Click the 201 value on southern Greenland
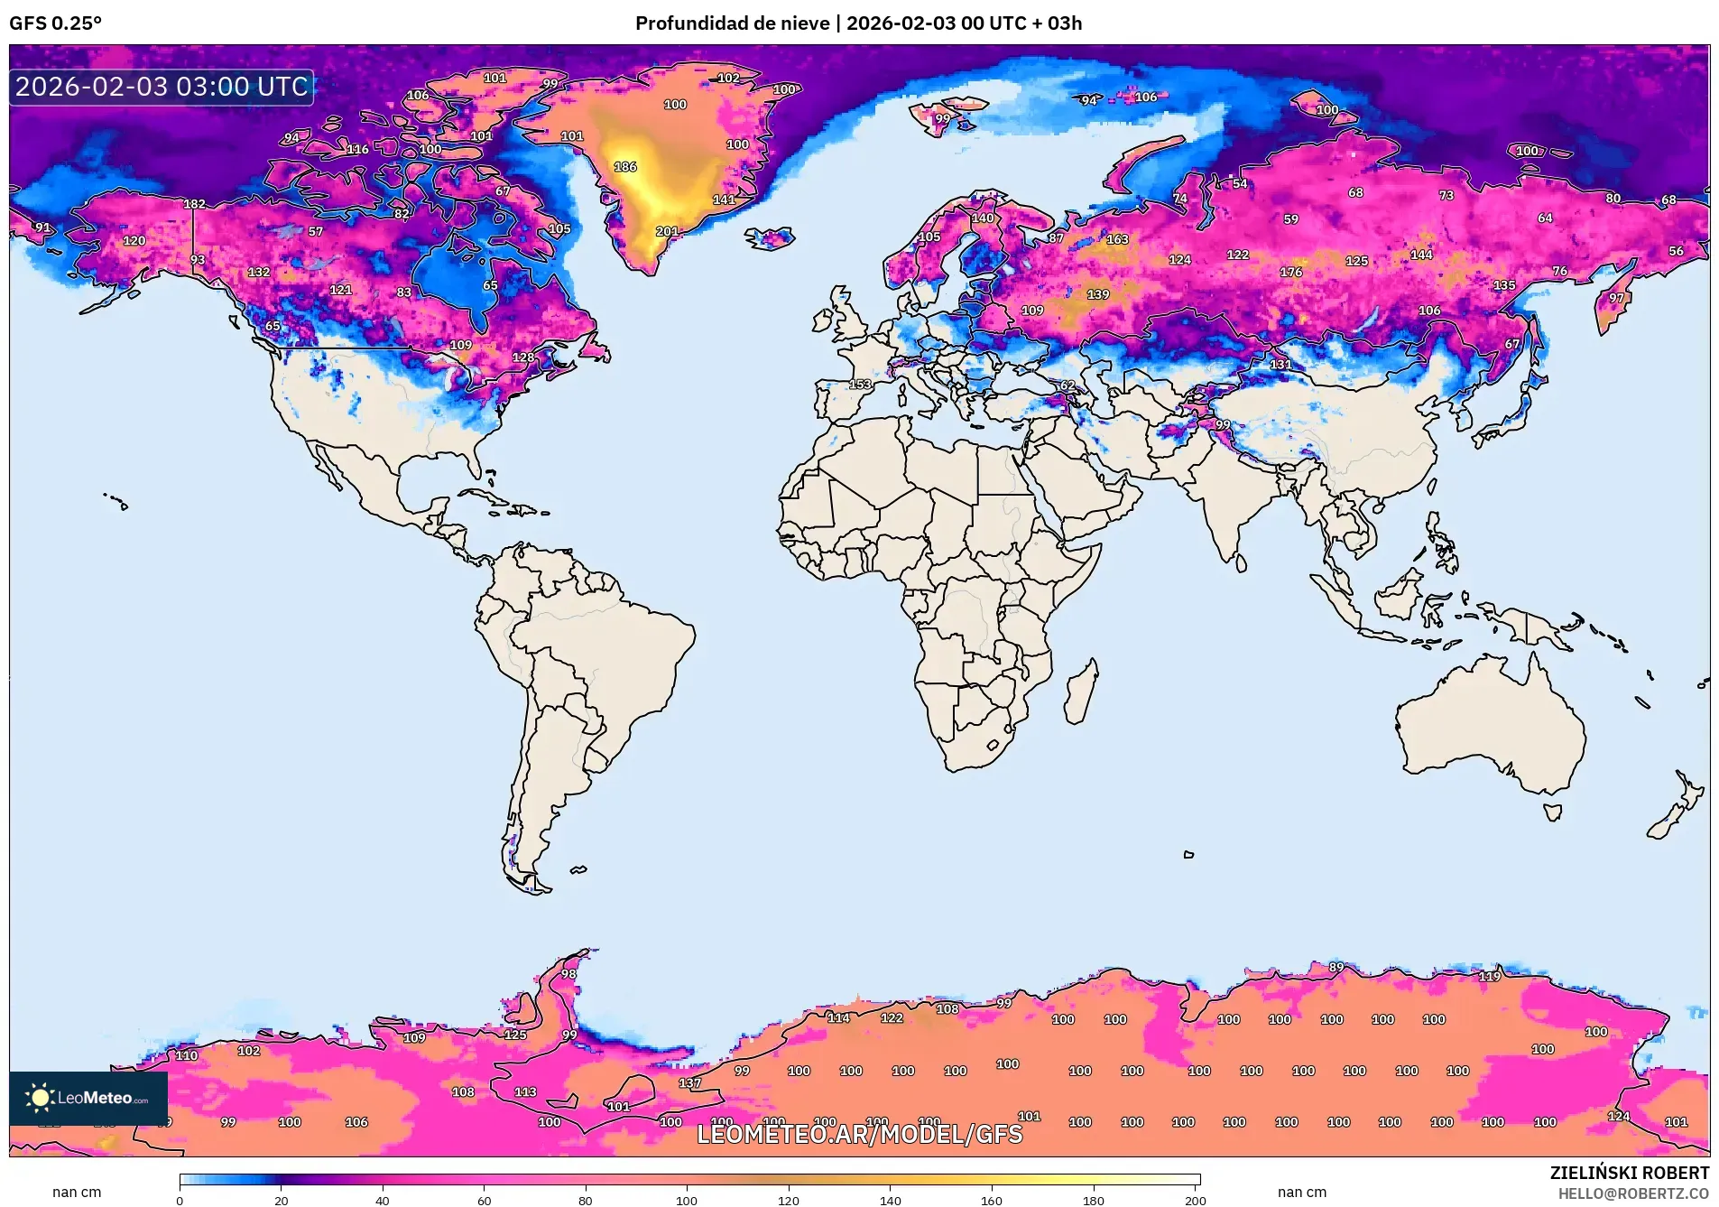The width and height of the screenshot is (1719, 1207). pos(667,232)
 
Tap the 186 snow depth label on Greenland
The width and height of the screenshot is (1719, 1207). pos(625,167)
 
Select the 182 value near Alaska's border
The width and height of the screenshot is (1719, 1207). pos(194,204)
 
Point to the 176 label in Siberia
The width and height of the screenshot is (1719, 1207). pos(1290,272)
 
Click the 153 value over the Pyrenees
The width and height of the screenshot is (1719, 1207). pos(860,385)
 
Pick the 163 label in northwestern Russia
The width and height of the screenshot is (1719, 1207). pos(1117,239)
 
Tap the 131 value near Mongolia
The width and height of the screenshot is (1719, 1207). pos(1280,365)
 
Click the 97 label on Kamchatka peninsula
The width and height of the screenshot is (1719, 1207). pos(1615,298)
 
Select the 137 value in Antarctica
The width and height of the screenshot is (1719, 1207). pos(689,1082)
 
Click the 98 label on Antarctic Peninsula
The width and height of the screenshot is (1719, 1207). pos(568,974)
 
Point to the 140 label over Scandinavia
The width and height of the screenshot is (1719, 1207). pos(983,218)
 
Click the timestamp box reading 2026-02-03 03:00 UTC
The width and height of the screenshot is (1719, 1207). pos(162,87)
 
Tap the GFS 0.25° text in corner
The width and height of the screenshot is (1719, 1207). pos(56,23)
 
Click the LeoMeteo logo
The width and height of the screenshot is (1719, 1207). pos(88,1098)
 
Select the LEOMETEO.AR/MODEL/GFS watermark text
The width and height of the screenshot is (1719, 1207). pos(859,1134)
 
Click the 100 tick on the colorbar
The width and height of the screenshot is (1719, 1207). pos(687,1200)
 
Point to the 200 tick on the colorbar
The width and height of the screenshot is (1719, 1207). pos(1194,1200)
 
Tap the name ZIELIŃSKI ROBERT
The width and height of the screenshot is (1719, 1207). pos(1629,1173)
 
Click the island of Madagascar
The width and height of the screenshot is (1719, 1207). pos(1080,693)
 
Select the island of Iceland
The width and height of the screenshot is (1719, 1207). pos(770,238)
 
